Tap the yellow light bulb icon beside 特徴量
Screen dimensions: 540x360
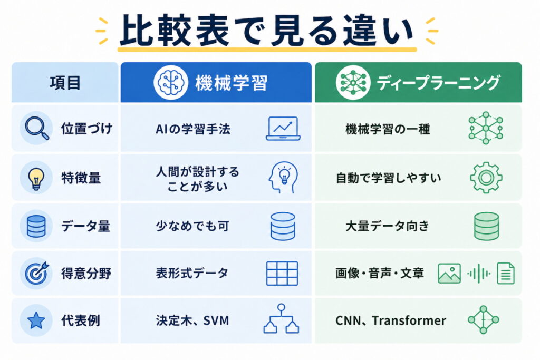tap(36, 178)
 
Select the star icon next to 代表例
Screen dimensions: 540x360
tap(36, 320)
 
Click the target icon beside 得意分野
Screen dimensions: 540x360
tap(36, 273)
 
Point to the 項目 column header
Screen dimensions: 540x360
tap(65, 83)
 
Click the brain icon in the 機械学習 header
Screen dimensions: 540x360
tap(171, 83)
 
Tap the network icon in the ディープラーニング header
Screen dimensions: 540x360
tap(353, 83)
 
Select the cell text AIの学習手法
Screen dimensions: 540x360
tap(193, 129)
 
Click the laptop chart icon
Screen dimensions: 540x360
tap(283, 129)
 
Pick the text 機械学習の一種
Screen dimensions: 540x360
tap(388, 129)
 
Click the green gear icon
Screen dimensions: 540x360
tap(486, 178)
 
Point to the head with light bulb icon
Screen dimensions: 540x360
tap(283, 178)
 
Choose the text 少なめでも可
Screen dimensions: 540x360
tap(192, 226)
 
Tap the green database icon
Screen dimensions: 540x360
tap(486, 226)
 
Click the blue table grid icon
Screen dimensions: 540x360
tap(283, 274)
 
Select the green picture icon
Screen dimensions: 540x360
tap(449, 274)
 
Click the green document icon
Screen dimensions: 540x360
tap(506, 273)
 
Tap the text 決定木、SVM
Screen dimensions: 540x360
tap(192, 321)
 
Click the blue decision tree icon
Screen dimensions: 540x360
tap(282, 319)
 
